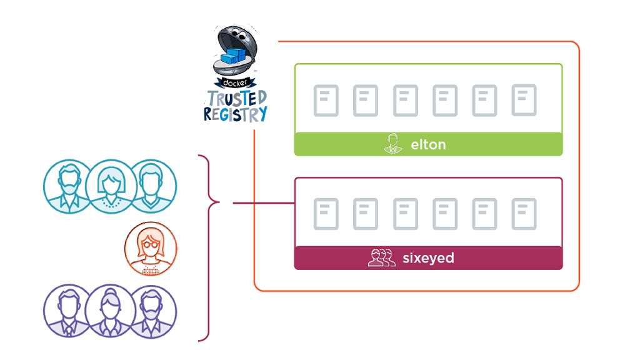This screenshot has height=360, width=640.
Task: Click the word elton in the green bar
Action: point(428,144)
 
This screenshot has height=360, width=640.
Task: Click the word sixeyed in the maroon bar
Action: point(428,257)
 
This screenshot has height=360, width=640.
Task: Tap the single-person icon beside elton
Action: point(391,144)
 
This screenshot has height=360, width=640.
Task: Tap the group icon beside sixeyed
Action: point(381,257)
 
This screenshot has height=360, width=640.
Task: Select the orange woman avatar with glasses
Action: point(151,249)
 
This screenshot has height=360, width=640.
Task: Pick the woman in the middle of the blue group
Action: point(110,186)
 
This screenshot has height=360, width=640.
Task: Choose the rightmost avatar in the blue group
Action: point(151,186)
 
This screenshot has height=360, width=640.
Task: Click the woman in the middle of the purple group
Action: point(110,311)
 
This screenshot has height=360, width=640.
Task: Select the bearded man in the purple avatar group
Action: point(151,311)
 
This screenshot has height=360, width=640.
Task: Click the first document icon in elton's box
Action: point(326,101)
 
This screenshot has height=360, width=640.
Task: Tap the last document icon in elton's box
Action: point(524,100)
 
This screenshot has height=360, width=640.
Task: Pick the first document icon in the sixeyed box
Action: point(326,214)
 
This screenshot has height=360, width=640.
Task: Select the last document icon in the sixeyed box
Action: point(524,214)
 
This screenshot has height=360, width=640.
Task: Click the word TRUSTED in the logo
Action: point(237,98)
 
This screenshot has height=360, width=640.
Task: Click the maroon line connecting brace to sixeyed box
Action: point(262,202)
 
